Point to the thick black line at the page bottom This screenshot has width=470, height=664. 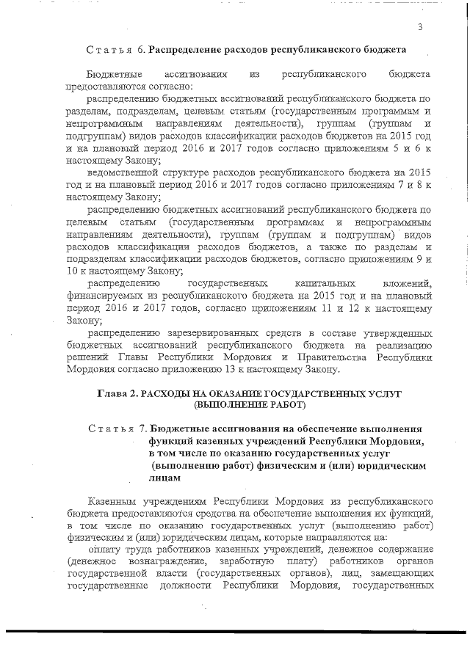tap(235, 629)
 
